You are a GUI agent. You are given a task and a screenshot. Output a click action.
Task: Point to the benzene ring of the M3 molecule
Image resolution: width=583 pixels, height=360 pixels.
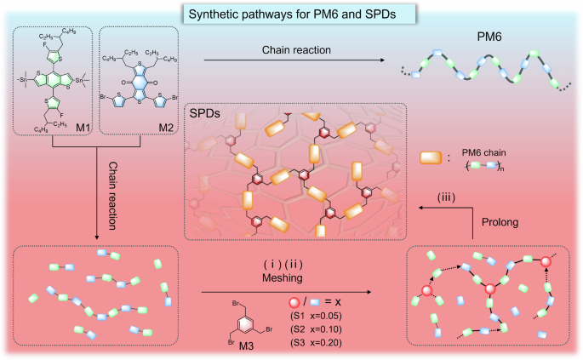point(244,317)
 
